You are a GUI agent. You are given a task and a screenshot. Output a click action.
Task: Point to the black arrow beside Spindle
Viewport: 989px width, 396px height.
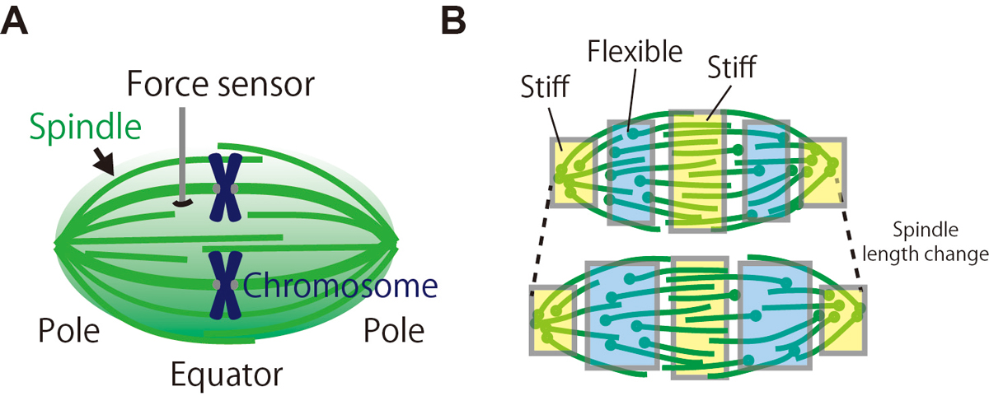pos(104,162)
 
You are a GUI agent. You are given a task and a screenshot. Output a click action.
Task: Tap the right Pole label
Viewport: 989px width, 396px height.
pos(393,332)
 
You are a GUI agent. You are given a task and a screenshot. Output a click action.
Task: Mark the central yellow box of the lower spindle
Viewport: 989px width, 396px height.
pos(699,318)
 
